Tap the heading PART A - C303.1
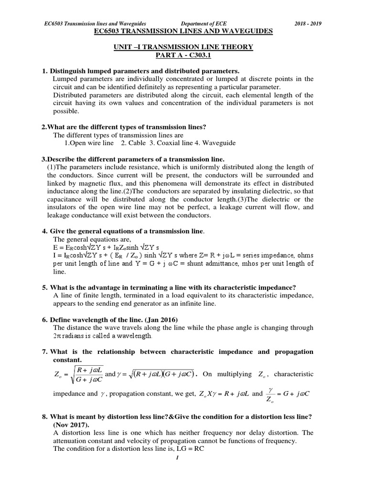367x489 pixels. coord(183,54)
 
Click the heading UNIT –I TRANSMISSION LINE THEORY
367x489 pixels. coord(183,47)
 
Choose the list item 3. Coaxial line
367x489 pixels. coord(164,143)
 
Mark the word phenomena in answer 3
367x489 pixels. coord(151,184)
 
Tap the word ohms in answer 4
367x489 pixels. coord(303,255)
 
